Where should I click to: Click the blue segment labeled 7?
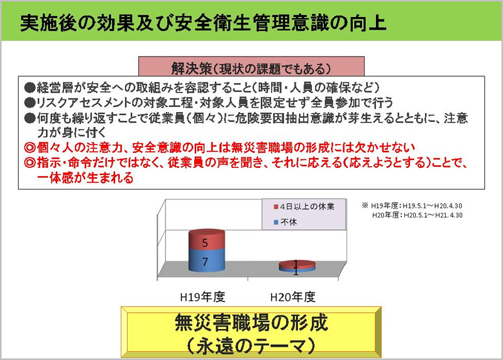[207, 260]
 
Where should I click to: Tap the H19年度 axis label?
[202, 296]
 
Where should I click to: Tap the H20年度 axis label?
[293, 296]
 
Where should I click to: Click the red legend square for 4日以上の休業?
[276, 206]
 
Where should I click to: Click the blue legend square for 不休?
[276, 222]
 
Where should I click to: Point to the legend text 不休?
[289, 222]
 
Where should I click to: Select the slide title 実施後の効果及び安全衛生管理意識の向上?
[203, 23]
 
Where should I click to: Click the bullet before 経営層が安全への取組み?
[30, 87]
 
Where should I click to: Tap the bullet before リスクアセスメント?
[30, 103]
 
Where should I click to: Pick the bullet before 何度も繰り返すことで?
[30, 118]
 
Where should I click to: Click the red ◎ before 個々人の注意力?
[30, 148]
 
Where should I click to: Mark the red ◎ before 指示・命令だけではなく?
[30, 162]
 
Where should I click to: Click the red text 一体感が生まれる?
[85, 177]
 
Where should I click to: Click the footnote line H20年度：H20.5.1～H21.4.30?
[417, 215]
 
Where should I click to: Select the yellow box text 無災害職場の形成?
[251, 322]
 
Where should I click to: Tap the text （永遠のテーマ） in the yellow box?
[251, 346]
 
